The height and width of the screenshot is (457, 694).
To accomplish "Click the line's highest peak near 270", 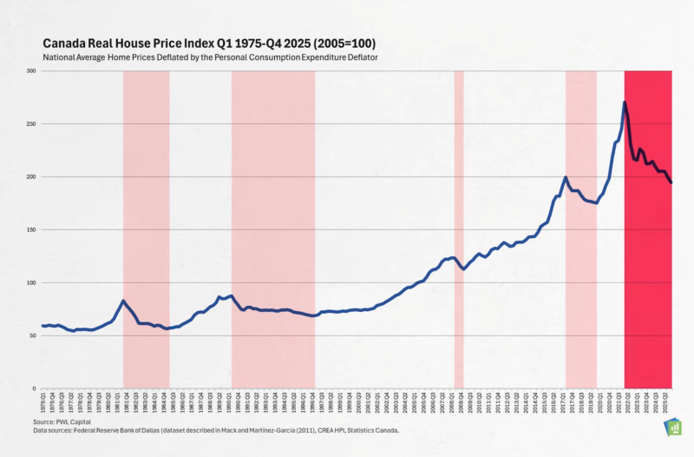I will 625,103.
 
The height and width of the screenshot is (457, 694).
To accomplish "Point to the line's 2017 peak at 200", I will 566,177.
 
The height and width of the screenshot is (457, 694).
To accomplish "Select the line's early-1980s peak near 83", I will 123,301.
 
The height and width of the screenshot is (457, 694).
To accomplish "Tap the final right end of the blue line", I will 671,182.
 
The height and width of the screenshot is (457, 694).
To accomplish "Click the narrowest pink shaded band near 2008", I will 459,229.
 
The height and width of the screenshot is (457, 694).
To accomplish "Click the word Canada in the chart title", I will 64,42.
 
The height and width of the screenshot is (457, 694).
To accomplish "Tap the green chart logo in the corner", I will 671,427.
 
